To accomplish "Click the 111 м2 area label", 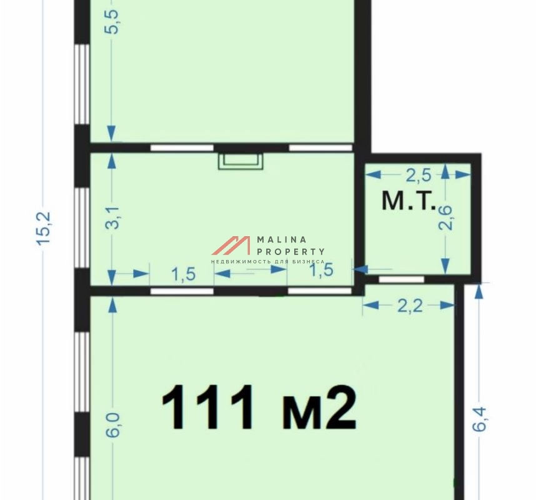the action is click(x=259, y=407).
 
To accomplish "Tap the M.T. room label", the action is click(x=409, y=201).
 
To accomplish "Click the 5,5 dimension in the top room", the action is click(x=112, y=21).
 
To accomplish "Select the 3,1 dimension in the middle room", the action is click(x=112, y=217).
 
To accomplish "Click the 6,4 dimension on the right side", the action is click(x=479, y=419).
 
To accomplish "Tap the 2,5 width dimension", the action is click(x=419, y=176).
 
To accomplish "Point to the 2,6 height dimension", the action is click(x=445, y=218).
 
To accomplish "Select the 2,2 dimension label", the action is click(x=410, y=306).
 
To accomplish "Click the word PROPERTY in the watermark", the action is click(x=290, y=252).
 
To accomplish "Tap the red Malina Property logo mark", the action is click(x=231, y=246).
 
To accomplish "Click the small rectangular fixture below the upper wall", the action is click(x=241, y=161).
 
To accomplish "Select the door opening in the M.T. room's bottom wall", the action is click(x=402, y=279).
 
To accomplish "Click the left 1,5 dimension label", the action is click(x=183, y=274).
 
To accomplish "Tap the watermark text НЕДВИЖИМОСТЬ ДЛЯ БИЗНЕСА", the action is click(x=267, y=262).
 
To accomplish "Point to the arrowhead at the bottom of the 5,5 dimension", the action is click(x=111, y=133).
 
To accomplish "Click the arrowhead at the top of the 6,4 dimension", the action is click(x=479, y=292).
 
